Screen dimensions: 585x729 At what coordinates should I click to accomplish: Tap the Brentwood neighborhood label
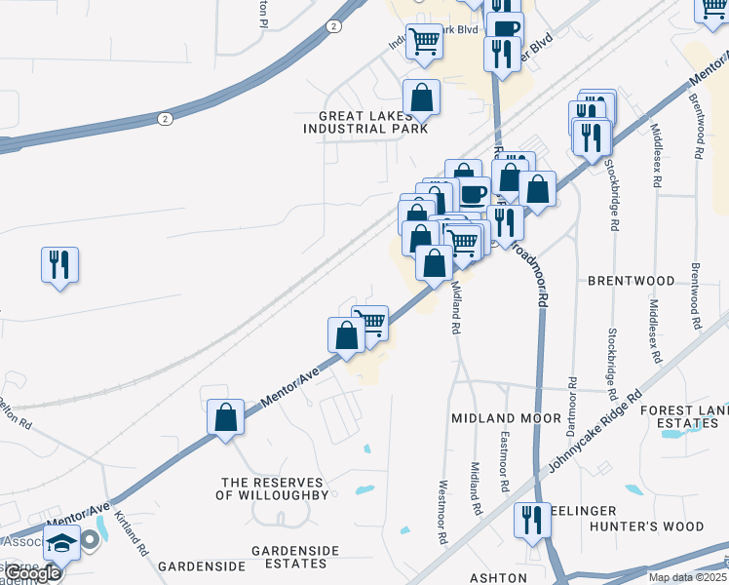[631, 281]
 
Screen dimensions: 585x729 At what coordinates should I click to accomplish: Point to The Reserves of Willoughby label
[275, 488]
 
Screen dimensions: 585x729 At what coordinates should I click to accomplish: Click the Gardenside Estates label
[288, 557]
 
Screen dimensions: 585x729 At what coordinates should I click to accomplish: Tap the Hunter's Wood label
[660, 526]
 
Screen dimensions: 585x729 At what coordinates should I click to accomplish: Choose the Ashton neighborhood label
[498, 577]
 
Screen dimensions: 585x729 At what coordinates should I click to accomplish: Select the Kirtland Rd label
[131, 533]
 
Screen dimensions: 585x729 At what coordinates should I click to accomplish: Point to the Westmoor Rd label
[442, 512]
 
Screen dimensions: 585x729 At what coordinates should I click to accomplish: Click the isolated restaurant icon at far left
[59, 264]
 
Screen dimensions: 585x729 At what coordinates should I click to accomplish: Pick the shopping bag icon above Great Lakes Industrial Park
[421, 97]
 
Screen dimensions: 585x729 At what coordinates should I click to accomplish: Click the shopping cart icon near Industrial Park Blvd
[424, 42]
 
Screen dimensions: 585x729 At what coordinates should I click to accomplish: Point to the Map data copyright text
[686, 577]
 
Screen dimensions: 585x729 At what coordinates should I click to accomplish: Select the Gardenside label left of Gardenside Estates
[201, 565]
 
